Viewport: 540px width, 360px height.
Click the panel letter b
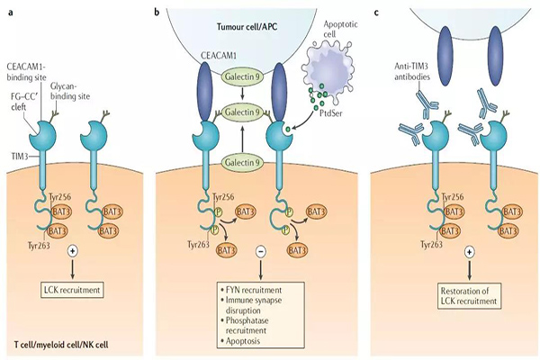158,12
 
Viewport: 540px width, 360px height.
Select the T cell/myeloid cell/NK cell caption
66,346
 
